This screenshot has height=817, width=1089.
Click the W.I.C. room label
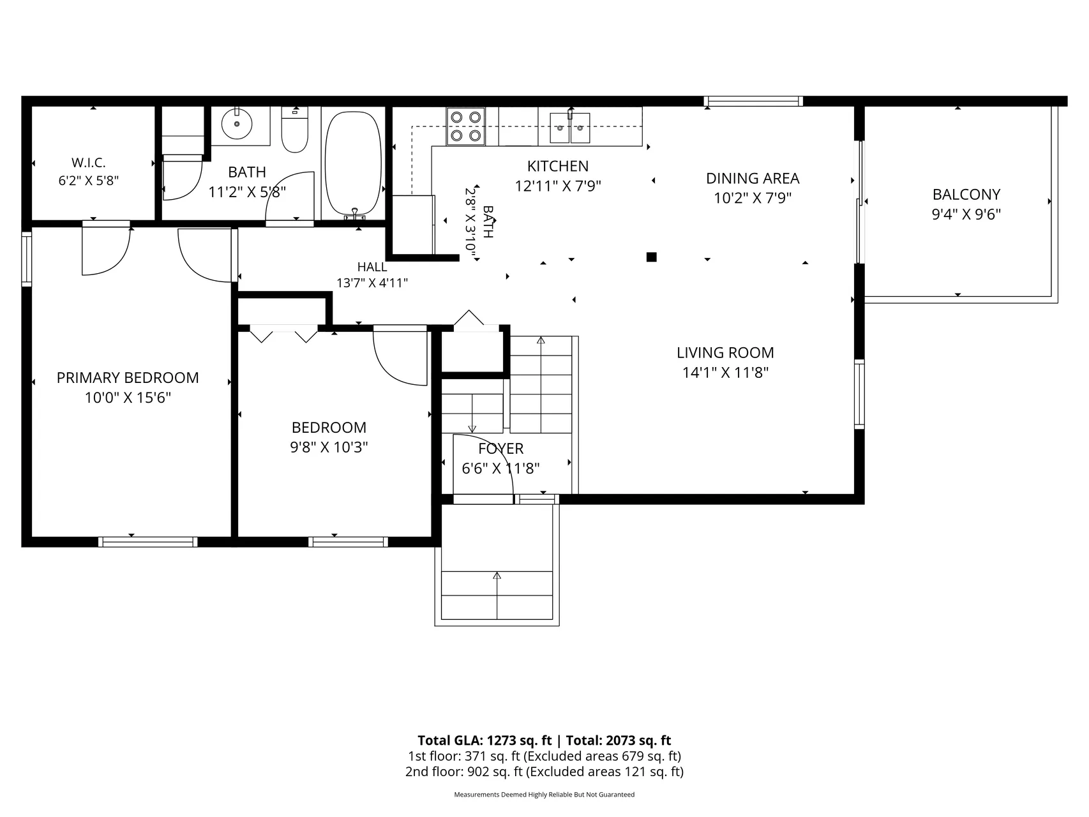tap(88, 163)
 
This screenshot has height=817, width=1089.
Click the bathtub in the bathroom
tap(353, 163)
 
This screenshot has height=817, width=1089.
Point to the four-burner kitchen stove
tap(465, 126)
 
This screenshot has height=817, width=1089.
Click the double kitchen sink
tap(570, 128)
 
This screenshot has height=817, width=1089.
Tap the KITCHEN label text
tap(558, 166)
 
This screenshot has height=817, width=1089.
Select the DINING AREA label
tap(753, 178)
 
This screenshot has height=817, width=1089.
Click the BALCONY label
tap(966, 194)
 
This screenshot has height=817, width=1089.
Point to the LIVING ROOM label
tap(725, 352)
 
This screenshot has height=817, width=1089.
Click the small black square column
tap(651, 257)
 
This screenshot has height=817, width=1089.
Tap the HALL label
tap(372, 267)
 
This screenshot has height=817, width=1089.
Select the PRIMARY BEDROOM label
tap(128, 377)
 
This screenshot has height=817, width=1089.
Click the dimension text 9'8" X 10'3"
tap(329, 447)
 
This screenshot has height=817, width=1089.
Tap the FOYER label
tap(501, 449)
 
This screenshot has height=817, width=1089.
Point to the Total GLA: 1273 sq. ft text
tap(484, 740)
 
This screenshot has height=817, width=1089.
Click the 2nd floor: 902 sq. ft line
tap(544, 772)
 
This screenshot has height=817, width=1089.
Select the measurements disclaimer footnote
tap(544, 795)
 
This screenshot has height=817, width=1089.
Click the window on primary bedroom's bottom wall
tap(147, 542)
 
